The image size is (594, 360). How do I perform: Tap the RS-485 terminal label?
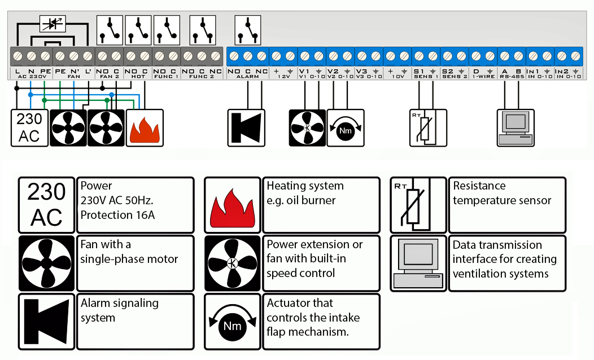click(x=512, y=76)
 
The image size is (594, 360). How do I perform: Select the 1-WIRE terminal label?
click(x=483, y=76)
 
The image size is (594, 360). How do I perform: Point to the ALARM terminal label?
click(x=247, y=76)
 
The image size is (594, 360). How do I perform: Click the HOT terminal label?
click(x=138, y=76)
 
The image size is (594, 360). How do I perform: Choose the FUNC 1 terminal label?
click(x=166, y=76)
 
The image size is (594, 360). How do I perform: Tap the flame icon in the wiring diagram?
click(x=144, y=128)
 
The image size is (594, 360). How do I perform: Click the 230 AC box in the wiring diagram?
click(x=29, y=128)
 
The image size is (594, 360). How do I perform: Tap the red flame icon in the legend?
click(x=232, y=205)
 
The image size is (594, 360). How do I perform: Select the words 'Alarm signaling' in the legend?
click(x=119, y=304)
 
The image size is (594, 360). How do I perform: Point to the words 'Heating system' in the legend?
click(x=305, y=186)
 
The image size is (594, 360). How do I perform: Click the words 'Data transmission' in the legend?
click(x=497, y=245)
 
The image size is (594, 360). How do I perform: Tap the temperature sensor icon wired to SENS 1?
click(x=427, y=128)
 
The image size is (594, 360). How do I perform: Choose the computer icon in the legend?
click(x=418, y=264)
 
